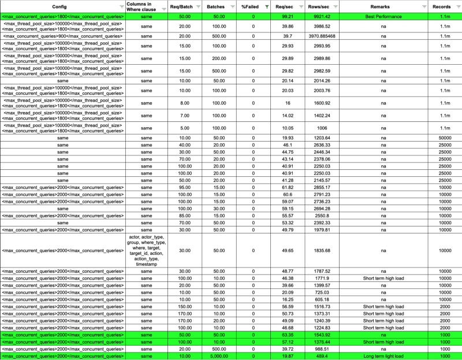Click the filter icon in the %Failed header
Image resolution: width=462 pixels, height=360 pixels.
tap(266, 6)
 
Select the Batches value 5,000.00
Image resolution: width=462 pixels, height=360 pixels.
tap(217, 356)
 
